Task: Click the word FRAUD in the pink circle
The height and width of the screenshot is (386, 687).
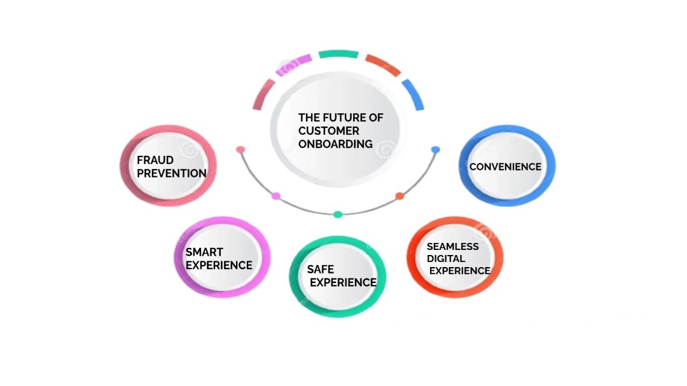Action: coord(155,160)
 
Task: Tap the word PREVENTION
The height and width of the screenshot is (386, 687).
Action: coord(172,173)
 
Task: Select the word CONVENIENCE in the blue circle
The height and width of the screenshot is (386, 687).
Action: coord(505,167)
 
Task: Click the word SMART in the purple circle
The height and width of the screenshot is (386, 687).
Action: coord(204,252)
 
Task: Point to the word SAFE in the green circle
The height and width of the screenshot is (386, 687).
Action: coord(321,269)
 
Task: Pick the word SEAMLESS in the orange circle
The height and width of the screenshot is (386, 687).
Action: coord(452,246)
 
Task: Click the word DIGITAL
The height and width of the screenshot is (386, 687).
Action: coord(446,258)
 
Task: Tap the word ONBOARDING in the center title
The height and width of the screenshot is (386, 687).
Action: coord(335,144)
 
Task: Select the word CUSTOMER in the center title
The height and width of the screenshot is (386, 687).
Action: coord(328,131)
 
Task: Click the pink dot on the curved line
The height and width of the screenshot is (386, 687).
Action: coord(240,149)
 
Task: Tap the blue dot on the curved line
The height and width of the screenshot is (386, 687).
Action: coord(435,149)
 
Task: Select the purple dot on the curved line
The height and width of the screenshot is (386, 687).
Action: coord(275,196)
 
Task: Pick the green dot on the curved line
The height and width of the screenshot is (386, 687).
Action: coord(338,214)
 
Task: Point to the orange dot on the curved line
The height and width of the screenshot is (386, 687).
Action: coord(399,196)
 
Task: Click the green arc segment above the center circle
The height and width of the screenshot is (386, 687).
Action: coord(338,55)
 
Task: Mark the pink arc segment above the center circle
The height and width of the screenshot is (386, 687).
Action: coord(263,94)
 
